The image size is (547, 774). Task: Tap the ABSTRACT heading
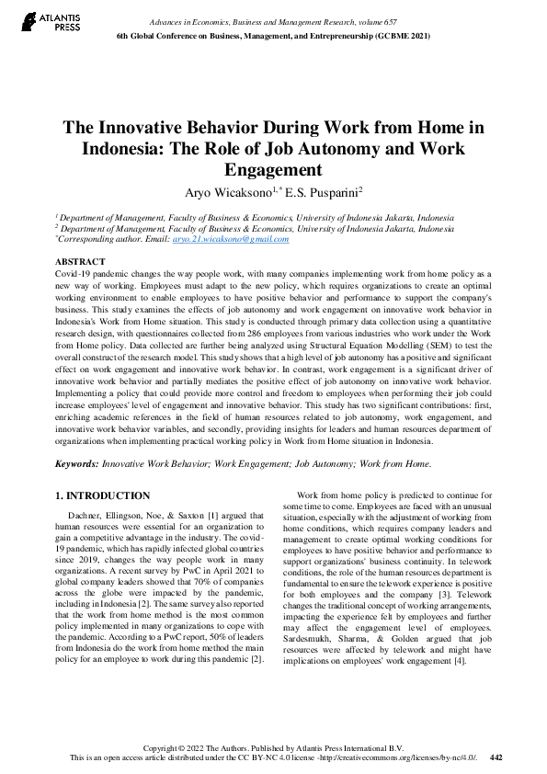pyautogui.click(x=80, y=262)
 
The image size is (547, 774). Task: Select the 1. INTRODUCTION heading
pyautogui.click(x=103, y=496)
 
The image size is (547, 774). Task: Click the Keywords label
pyautogui.click(x=77, y=465)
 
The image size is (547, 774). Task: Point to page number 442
pyautogui.click(x=496, y=758)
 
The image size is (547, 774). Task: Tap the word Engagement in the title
pyautogui.click(x=273, y=170)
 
